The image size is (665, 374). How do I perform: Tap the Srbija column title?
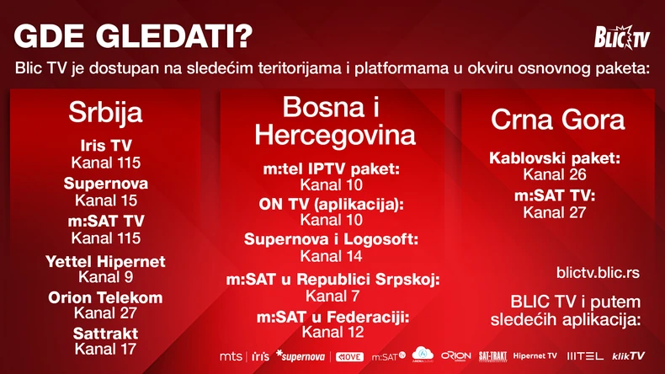(105, 113)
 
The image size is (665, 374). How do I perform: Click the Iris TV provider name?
(105, 146)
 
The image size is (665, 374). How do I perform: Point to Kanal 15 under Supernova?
(105, 200)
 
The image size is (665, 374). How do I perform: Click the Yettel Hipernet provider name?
(105, 261)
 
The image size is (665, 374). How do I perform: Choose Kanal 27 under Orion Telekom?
(105, 313)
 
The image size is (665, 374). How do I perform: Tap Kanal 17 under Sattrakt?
(105, 348)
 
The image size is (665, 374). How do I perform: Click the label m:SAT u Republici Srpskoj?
(332, 280)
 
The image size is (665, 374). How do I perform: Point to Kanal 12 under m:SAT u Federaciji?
(332, 332)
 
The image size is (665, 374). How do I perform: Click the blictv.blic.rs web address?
(598, 273)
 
